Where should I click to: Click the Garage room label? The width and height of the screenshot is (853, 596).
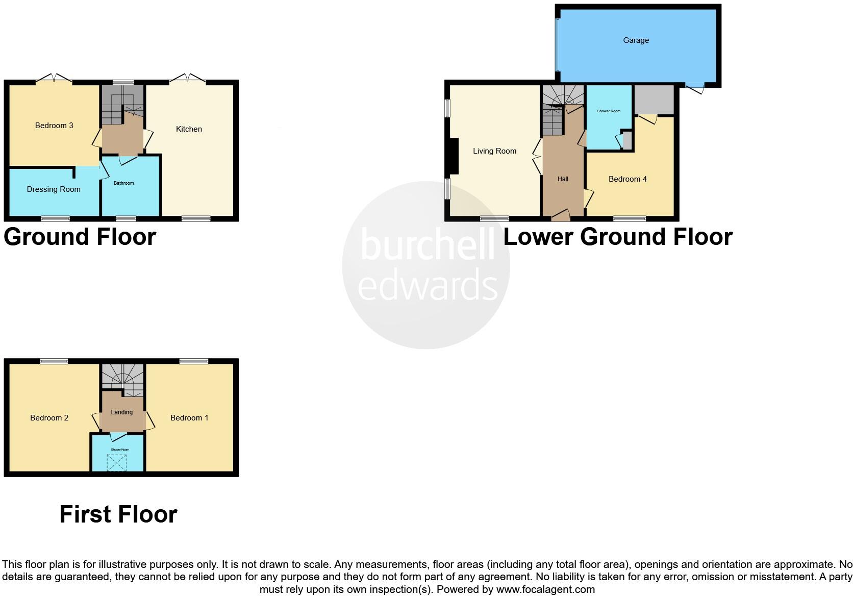pos(636,40)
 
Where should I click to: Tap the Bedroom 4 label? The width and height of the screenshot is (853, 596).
pos(628,179)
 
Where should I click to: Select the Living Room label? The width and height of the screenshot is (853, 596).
pos(494,151)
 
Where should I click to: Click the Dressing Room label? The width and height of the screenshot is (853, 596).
pos(54,189)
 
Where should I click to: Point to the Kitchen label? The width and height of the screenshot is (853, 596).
pos(189,129)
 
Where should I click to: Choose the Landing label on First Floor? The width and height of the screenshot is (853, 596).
pos(122,412)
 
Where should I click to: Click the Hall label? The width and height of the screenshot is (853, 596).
pos(563,179)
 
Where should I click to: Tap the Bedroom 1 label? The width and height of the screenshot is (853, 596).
pos(189,418)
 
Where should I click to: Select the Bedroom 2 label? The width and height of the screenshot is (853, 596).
pos(49,418)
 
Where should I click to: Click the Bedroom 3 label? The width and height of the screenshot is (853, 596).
pos(54,126)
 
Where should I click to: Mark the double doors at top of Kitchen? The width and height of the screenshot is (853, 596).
pos(188,79)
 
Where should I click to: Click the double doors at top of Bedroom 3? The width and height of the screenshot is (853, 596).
pos(54,79)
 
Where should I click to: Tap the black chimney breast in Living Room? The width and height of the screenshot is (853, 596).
pos(451,157)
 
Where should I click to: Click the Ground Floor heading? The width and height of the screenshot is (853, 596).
pos(80,237)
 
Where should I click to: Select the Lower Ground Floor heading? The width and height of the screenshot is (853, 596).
pos(618,237)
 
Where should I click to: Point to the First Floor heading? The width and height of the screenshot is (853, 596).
pos(118,514)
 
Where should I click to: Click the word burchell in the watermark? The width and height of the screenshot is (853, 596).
pos(428,245)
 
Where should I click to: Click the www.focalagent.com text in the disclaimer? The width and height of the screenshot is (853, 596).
pos(545,590)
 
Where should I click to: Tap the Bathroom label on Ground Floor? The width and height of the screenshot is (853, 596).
pos(124,183)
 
